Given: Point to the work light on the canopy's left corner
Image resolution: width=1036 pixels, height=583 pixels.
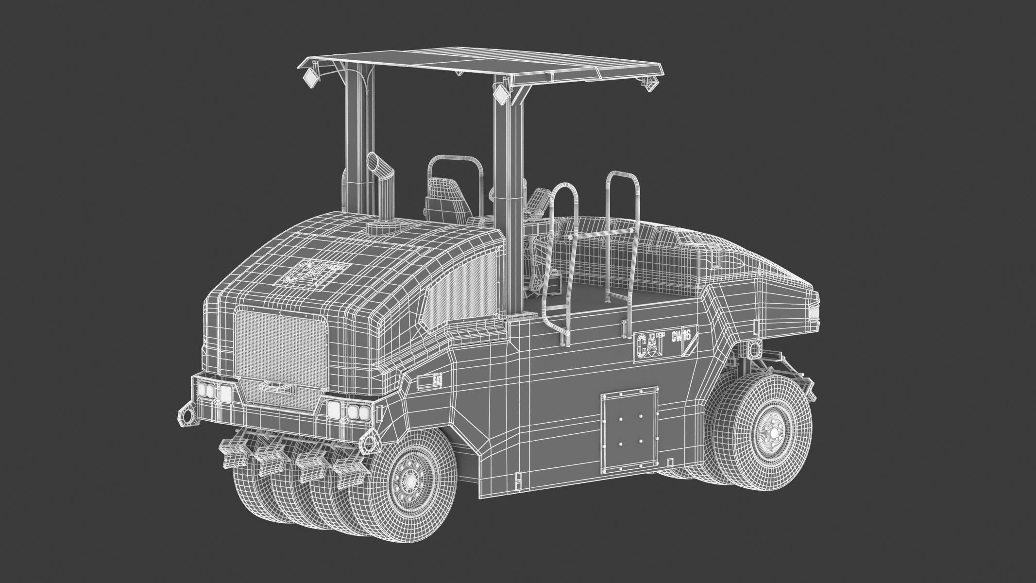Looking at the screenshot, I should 310,77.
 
